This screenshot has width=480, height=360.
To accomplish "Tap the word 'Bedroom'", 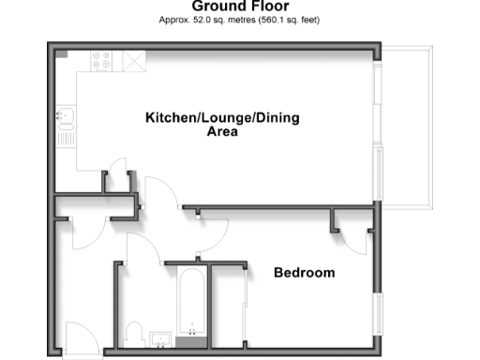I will click(304, 273).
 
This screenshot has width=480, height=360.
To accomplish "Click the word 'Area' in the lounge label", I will click(222, 132).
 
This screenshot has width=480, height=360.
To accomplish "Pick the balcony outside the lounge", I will click(408, 127).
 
